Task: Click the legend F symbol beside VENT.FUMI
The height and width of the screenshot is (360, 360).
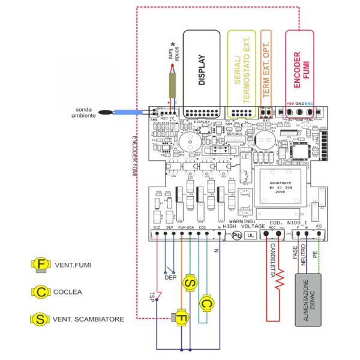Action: tap(41, 265)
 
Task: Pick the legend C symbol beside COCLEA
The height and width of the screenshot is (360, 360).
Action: tap(41, 292)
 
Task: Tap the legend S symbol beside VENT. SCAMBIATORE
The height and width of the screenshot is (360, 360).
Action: tap(41, 319)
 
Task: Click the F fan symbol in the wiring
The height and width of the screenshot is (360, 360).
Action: tap(179, 318)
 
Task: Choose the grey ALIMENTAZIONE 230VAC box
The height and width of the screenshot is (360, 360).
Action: tap(310, 300)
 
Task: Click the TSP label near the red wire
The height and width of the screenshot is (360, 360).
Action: tap(152, 295)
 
